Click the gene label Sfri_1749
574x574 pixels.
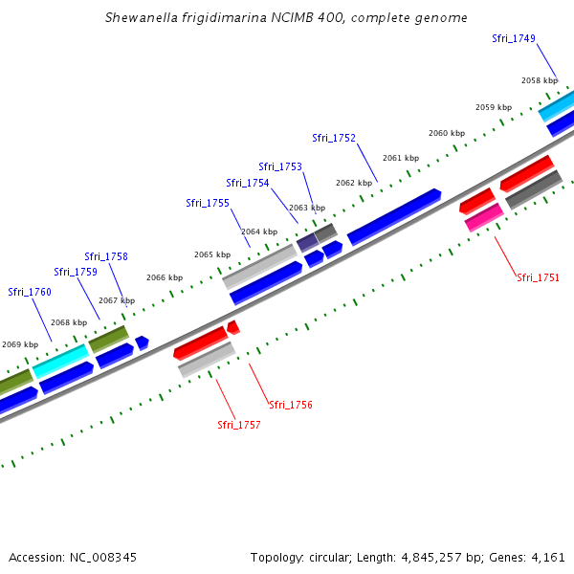click(514, 38)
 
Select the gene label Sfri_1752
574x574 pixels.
click(334, 138)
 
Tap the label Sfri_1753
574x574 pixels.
click(280, 166)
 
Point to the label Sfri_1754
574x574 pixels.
click(248, 183)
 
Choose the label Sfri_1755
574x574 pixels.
click(208, 203)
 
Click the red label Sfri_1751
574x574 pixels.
click(538, 277)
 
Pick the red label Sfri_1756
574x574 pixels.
click(290, 405)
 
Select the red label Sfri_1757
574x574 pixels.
click(238, 424)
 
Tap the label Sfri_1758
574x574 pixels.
click(106, 256)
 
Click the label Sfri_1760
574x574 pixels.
click(30, 292)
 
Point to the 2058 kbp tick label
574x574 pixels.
click(539, 81)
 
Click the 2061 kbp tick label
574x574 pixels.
click(401, 158)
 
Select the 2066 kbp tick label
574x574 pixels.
click(164, 277)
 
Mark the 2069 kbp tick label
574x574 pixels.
click(19, 344)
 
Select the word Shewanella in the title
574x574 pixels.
click(143, 18)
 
